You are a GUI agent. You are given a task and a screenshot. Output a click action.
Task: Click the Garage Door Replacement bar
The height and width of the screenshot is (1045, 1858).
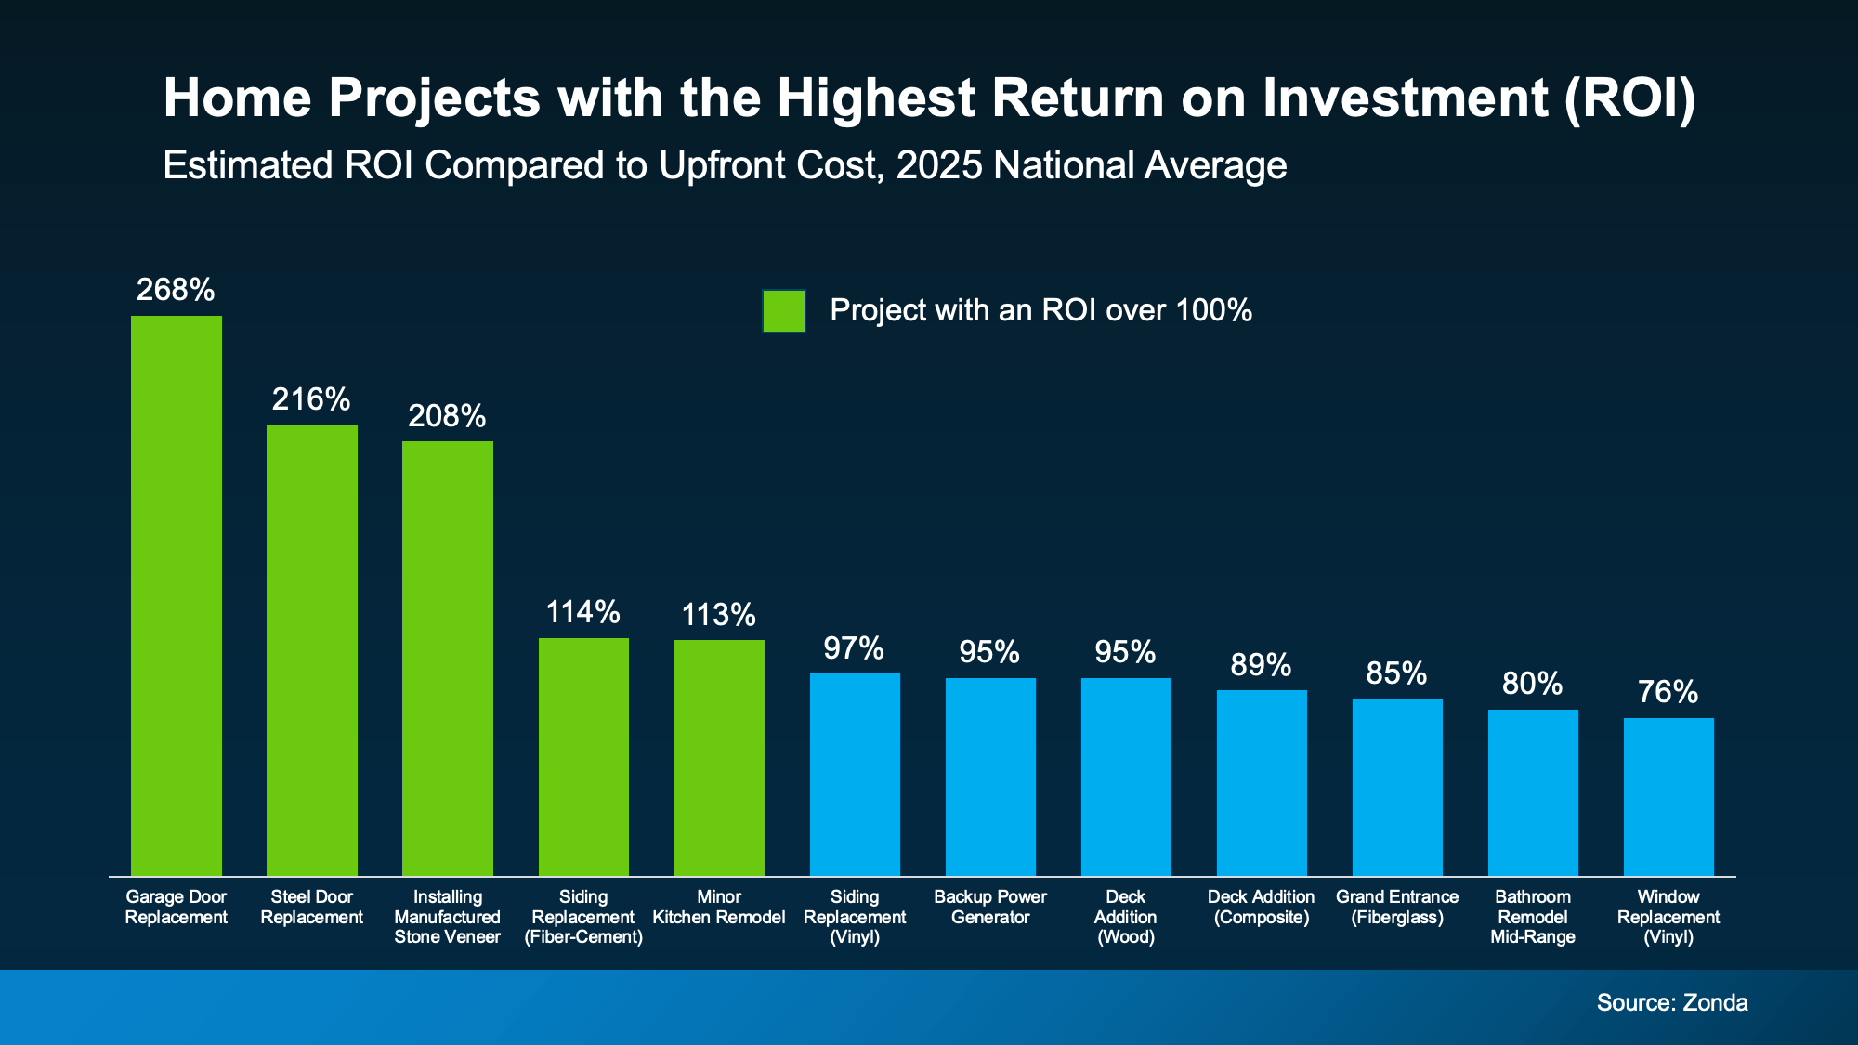pyautogui.click(x=177, y=595)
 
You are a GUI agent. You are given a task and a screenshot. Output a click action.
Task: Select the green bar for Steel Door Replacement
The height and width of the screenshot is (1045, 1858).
pyautogui.click(x=312, y=650)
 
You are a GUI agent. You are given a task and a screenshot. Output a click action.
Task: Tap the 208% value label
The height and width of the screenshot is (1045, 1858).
pyautogui.click(x=447, y=416)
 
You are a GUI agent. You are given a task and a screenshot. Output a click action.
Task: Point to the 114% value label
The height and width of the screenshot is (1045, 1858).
pyautogui.click(x=582, y=612)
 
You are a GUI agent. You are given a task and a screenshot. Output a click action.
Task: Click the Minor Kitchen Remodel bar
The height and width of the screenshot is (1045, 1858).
pyautogui.click(x=719, y=757)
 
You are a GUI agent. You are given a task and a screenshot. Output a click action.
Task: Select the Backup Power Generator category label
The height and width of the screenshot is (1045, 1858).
pyautogui.click(x=990, y=907)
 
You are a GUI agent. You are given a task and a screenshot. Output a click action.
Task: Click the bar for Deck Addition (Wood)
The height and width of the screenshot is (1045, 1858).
pyautogui.click(x=1126, y=777)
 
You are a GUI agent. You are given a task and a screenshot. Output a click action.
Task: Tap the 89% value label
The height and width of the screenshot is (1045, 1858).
pyautogui.click(x=1261, y=665)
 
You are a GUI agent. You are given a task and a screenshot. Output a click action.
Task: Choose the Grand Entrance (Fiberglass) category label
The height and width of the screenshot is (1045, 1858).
pyautogui.click(x=1397, y=907)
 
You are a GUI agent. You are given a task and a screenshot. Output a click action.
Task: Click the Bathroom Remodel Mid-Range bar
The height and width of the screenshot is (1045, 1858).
pyautogui.click(x=1533, y=792)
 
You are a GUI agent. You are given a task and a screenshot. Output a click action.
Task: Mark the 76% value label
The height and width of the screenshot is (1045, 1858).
pyautogui.click(x=1668, y=692)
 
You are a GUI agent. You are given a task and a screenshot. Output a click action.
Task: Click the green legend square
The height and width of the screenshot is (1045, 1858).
pyautogui.click(x=783, y=311)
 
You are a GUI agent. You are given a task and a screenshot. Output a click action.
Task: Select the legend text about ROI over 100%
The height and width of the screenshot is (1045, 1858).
pyautogui.click(x=1040, y=310)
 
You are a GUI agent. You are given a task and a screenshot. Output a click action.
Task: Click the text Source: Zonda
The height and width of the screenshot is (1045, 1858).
pyautogui.click(x=1671, y=1002)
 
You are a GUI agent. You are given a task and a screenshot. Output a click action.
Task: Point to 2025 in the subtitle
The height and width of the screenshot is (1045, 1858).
pyautogui.click(x=938, y=165)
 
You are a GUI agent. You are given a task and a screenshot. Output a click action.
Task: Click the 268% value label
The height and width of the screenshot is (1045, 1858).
pyautogui.click(x=176, y=291)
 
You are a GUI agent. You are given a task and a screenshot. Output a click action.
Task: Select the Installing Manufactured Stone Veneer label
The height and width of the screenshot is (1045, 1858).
pyautogui.click(x=447, y=917)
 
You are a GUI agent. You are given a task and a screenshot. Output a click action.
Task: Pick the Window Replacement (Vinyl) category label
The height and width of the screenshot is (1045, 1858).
pyautogui.click(x=1668, y=917)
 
